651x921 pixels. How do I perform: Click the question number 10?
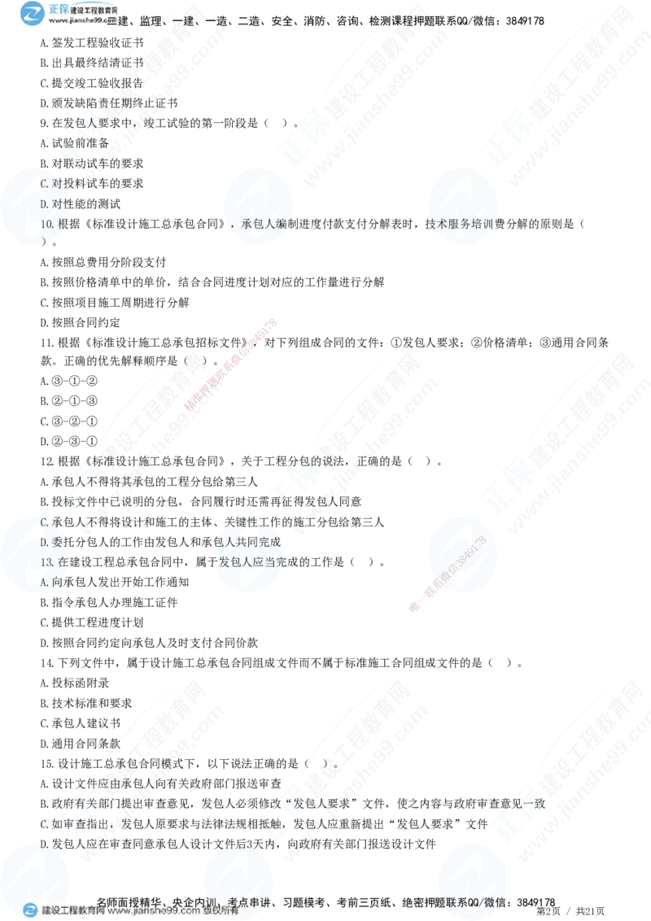coord(46,225)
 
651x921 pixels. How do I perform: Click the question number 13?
coord(46,561)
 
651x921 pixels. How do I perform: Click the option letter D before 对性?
coord(44,204)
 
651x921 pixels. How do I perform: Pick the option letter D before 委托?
coord(44,542)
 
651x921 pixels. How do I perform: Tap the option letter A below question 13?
coord(44,581)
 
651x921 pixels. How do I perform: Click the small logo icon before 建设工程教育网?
coord(30,910)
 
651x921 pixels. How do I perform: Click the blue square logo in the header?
coord(33,14)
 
